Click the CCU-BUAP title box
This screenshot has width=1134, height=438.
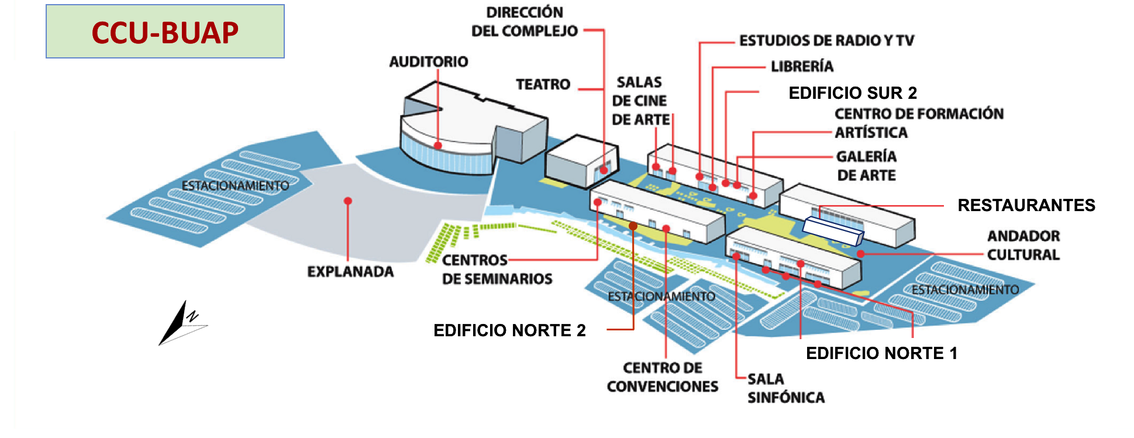click(165, 32)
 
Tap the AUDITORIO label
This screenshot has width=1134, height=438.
click(429, 61)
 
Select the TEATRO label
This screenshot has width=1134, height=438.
click(543, 84)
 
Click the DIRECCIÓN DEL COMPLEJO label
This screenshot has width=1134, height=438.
click(524, 22)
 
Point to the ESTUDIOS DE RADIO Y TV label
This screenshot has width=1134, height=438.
click(826, 40)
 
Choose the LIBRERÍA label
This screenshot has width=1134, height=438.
click(802, 66)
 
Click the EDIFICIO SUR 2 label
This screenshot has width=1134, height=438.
click(852, 93)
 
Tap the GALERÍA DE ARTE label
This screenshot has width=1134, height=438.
click(866, 165)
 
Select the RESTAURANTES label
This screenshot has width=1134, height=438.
click(1026, 205)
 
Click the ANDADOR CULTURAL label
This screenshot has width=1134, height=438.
click(1023, 245)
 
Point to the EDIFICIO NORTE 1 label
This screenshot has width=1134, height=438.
click(881, 353)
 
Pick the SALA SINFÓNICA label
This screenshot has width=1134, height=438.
click(785, 388)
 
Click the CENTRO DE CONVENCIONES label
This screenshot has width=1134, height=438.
click(663, 377)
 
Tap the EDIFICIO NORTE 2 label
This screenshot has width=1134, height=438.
click(509, 330)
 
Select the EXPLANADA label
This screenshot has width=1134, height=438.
click(350, 271)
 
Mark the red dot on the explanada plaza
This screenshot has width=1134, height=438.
click(348, 201)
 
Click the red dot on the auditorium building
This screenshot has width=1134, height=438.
click(437, 145)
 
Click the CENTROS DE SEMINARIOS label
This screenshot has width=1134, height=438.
click(497, 269)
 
